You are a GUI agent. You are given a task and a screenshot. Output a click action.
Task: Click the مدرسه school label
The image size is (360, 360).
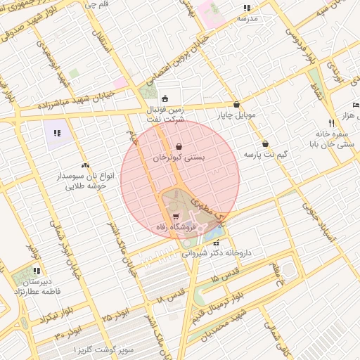tap(247, 18)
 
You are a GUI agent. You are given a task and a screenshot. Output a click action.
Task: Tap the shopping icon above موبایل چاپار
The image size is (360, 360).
tap(236, 103)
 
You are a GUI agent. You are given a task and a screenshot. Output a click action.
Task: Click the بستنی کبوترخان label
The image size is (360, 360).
tap(179, 159)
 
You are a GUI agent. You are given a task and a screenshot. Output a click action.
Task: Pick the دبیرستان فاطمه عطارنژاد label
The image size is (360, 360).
tap(37, 286)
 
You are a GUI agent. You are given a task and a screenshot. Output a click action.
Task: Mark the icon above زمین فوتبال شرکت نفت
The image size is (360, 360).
tap(165, 98)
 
